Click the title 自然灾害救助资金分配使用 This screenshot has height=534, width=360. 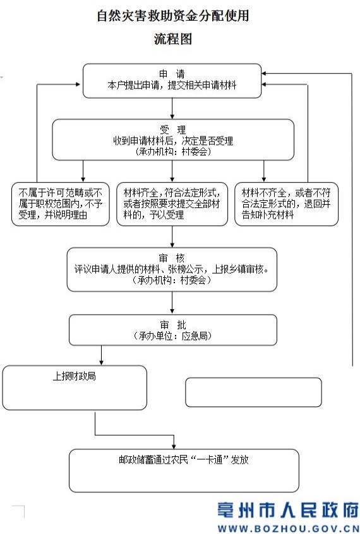coord(173,16)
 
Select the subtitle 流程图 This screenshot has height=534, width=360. coord(173,39)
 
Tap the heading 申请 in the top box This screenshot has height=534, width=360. coord(172,74)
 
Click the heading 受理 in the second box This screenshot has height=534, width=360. coord(173,130)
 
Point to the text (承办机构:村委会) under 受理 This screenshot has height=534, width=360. coord(173,151)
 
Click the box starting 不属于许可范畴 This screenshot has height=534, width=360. coord(61,204)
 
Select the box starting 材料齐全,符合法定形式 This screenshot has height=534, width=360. coord(172,204)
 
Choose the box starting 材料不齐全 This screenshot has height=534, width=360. coord(286,204)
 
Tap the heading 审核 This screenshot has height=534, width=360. coord(172,258)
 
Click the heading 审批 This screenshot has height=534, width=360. coord(173,325)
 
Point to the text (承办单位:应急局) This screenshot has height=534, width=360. coord(173,336)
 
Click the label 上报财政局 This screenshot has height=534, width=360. coord(74,376)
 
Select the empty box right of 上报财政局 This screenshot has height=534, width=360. coord(253,392)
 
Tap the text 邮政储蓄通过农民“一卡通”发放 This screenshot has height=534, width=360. coord(184,460)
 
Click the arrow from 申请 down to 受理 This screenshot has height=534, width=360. coord(172,109)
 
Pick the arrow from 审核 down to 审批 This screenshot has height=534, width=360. coord(172,303)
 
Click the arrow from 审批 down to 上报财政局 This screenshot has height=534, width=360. coord(102,355)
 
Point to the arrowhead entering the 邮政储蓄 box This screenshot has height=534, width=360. coord(174,447)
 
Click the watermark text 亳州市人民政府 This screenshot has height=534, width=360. coord(288,510)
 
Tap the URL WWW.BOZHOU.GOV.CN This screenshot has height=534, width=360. coord(288,528)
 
